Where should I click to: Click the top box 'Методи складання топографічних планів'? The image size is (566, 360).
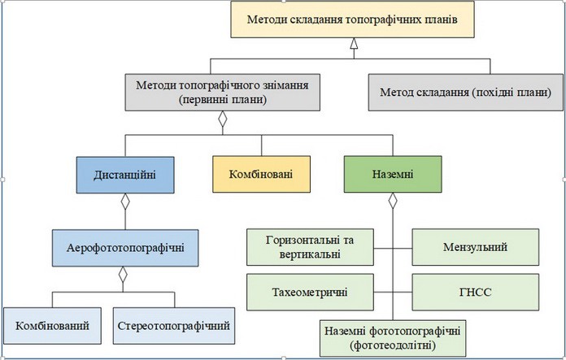pyautogui.click(x=352, y=20)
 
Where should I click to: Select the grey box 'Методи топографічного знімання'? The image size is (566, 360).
pyautogui.click(x=222, y=93)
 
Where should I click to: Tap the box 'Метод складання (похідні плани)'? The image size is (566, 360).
pyautogui.click(x=466, y=93)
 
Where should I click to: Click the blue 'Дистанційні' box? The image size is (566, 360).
pyautogui.click(x=125, y=175)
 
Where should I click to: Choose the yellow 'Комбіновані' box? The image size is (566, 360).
pyautogui.click(x=261, y=174)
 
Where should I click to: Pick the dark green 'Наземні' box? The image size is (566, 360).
pyautogui.click(x=393, y=174)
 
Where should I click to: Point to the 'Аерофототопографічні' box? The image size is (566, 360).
pyautogui.click(x=125, y=248)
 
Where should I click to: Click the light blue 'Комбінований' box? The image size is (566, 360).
pyautogui.click(x=52, y=326)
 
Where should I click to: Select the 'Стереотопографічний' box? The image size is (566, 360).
pyautogui.click(x=174, y=326)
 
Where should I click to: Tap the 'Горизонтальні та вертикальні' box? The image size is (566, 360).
pyautogui.click(x=310, y=247)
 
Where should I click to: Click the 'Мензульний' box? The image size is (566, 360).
pyautogui.click(x=476, y=247)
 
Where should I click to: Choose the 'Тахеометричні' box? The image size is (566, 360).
pyautogui.click(x=310, y=292)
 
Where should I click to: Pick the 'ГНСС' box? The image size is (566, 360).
pyautogui.click(x=476, y=292)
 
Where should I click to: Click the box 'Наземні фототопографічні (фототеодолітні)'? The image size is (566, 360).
pyautogui.click(x=393, y=338)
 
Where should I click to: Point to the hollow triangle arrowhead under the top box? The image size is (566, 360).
pyautogui.click(x=354, y=43)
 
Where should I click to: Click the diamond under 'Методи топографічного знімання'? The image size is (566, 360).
pyautogui.click(x=223, y=119)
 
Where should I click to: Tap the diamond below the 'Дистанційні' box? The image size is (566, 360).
pyautogui.click(x=125, y=202)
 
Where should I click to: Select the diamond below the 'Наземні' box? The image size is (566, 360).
pyautogui.click(x=393, y=201)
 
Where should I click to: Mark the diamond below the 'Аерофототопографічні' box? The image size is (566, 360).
pyautogui.click(x=123, y=275)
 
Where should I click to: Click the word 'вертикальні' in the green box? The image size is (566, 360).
pyautogui.click(x=310, y=254)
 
